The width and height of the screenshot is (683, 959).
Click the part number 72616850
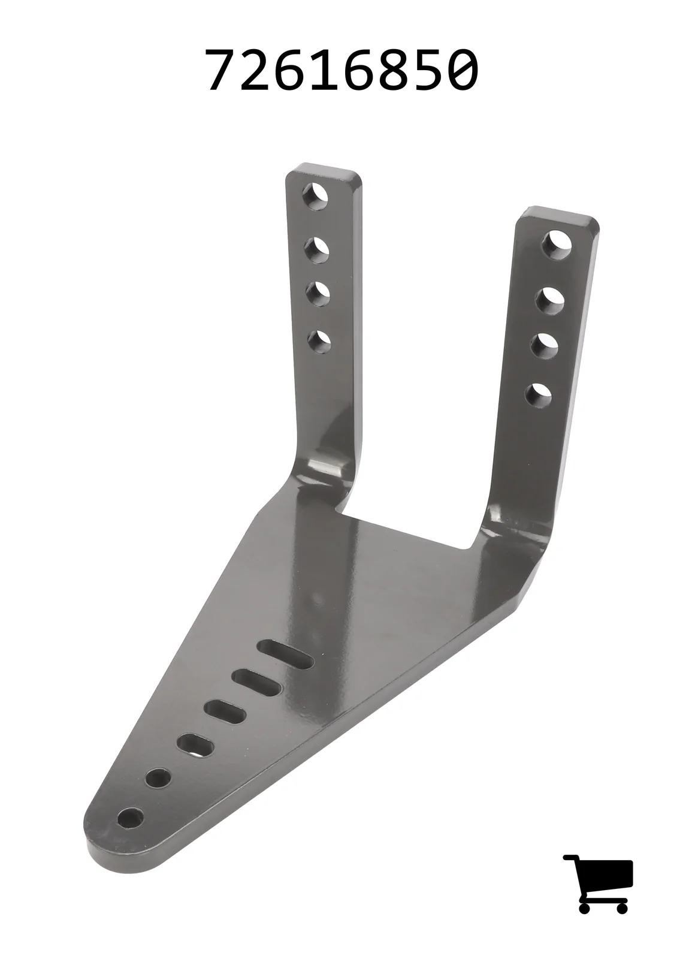[x=342, y=69]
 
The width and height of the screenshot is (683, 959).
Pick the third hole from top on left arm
[x=318, y=294]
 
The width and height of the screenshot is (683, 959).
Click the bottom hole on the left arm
[x=319, y=342]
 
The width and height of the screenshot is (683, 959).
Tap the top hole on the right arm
[x=557, y=245]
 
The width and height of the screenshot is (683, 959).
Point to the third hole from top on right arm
[x=545, y=346]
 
